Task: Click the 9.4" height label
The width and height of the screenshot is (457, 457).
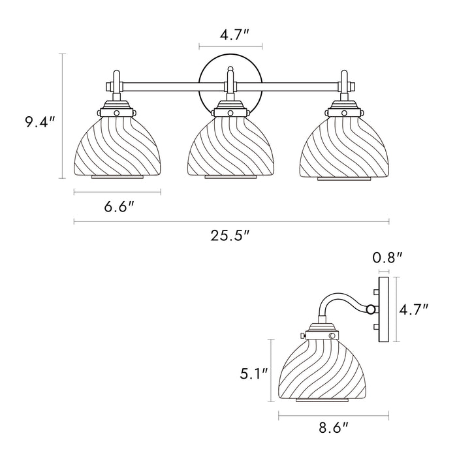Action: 40,122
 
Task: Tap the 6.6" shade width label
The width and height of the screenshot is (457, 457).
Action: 119,207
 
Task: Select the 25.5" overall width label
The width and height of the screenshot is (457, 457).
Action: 230,237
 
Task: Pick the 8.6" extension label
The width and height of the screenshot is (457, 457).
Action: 332,428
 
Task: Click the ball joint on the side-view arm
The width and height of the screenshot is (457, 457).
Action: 371,309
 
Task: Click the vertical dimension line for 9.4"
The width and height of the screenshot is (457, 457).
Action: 63,116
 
